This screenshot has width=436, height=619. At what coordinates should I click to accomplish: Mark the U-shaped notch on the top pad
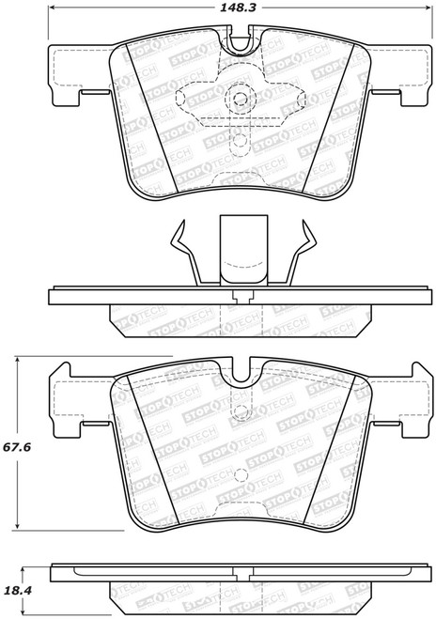click(x=241, y=42)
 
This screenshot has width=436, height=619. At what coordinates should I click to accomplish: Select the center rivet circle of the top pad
click(x=240, y=99)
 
